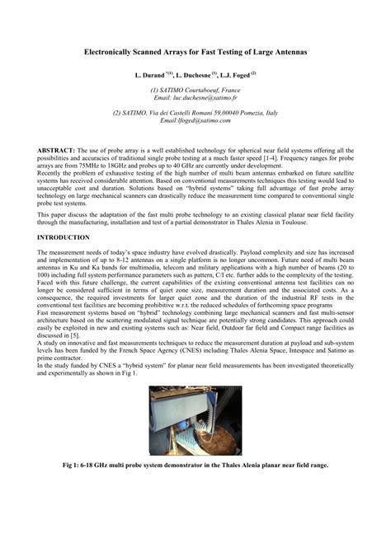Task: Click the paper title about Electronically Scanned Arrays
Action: coord(195,52)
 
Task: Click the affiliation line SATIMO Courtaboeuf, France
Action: coord(195,89)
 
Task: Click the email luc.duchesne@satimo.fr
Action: coord(206,96)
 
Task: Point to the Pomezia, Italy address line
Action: coord(195,112)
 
